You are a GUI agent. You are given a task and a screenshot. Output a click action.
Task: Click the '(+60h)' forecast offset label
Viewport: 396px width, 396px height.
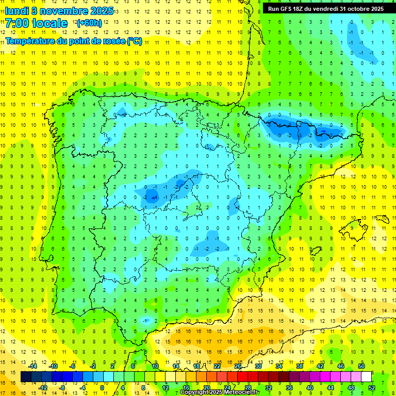tap(89, 23)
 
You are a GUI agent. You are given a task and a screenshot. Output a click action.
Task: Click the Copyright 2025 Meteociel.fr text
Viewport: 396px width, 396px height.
tap(220, 392)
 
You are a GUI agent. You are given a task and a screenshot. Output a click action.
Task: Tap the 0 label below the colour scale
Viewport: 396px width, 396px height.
tap(102, 387)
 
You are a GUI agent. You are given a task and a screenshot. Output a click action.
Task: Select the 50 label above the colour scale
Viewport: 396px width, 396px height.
tap(361, 366)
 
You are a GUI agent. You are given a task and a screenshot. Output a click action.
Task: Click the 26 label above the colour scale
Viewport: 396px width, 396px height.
tap(238, 366)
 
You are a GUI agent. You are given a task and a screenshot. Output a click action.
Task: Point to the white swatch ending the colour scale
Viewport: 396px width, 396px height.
tap(366, 377)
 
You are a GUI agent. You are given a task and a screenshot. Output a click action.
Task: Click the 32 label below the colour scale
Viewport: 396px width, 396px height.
tap(269, 387)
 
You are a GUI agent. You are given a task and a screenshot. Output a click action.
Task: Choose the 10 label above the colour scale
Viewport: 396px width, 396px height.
tap(155, 366)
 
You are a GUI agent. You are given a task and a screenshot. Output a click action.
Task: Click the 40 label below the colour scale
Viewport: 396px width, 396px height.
tap(310, 387)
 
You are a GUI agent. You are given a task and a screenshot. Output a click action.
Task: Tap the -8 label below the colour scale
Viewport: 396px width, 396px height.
tap(62, 387)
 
